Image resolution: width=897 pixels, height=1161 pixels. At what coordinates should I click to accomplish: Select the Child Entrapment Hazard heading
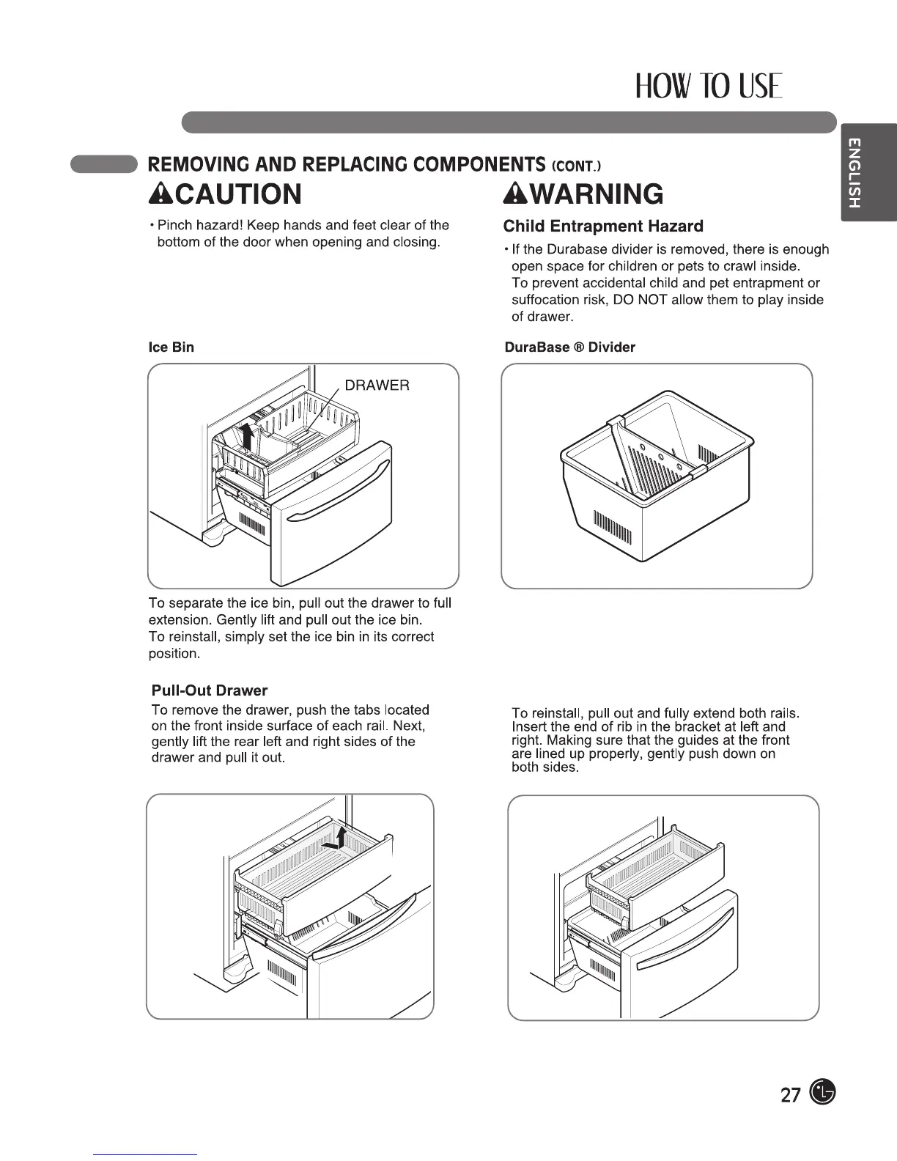[x=603, y=226]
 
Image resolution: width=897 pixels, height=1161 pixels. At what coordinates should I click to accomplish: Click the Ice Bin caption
[x=171, y=347]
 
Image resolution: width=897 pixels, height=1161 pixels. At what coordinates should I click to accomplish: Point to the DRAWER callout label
[x=377, y=386]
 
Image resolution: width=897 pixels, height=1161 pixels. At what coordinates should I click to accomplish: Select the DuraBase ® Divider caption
[x=569, y=347]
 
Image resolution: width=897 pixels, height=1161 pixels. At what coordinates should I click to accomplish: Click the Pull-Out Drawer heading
[x=209, y=690]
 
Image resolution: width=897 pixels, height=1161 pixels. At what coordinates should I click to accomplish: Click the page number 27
[x=790, y=1096]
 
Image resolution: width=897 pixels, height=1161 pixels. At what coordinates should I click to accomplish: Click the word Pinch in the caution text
[x=174, y=225]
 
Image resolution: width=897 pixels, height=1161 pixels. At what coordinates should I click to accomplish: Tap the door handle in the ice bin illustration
[x=337, y=498]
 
